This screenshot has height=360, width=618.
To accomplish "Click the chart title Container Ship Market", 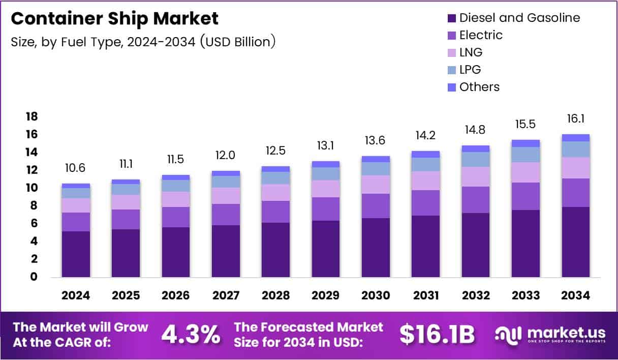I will [x=114, y=19].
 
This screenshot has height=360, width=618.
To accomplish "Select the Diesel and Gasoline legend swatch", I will [x=450, y=18].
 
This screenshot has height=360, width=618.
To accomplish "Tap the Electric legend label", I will [x=481, y=35].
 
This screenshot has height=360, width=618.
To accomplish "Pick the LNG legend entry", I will [x=471, y=52].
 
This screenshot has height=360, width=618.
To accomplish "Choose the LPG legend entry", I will [x=470, y=70].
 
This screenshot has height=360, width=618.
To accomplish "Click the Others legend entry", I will [x=479, y=87].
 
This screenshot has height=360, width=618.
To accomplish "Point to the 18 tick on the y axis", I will [x=32, y=117].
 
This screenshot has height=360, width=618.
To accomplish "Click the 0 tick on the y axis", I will [x=34, y=277].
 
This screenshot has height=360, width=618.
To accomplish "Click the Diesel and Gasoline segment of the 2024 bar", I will [x=76, y=254].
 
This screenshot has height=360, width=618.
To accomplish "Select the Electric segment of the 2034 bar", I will [x=576, y=193].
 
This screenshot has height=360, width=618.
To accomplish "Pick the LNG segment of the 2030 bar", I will [x=376, y=185].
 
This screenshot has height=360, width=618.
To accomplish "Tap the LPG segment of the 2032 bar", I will [x=476, y=160].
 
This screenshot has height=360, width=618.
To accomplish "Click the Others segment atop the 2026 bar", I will [x=176, y=177].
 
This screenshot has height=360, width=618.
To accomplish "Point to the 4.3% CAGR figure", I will [x=191, y=334].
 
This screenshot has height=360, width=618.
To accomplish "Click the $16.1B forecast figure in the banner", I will [x=437, y=334].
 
